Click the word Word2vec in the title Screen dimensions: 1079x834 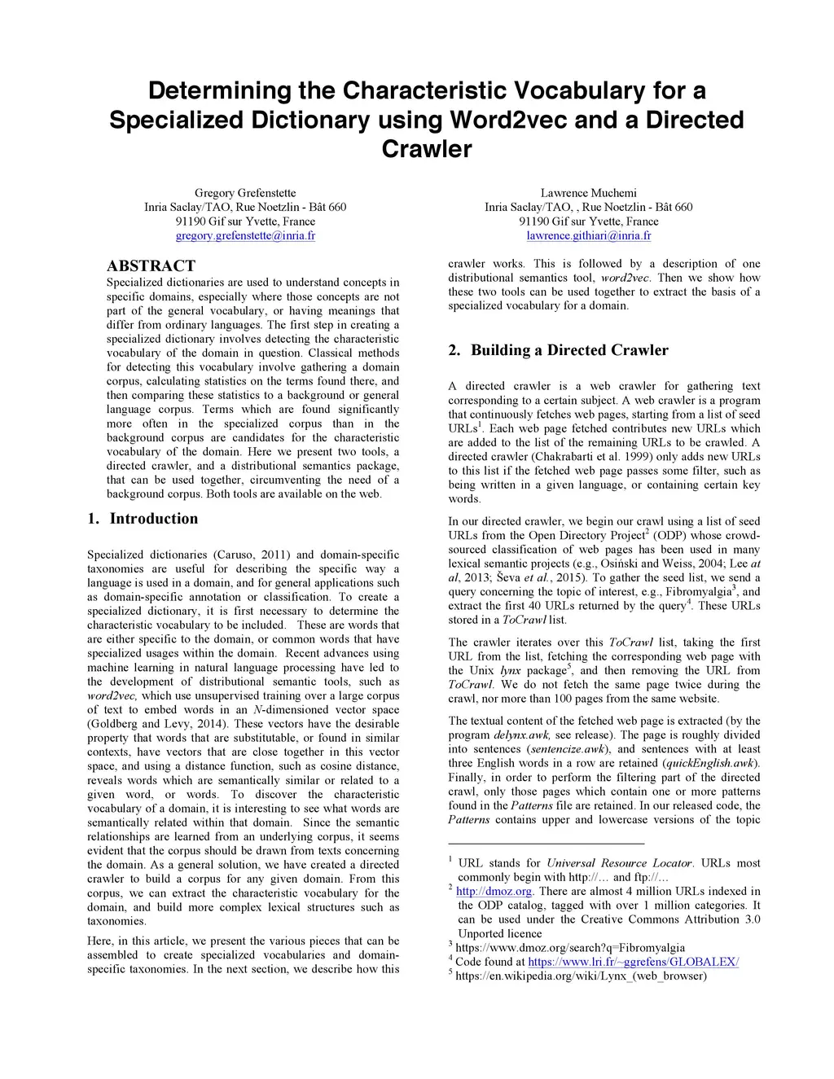coord(508,120)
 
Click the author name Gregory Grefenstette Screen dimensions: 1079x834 coord(245,193)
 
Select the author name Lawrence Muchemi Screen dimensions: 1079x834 coord(588,193)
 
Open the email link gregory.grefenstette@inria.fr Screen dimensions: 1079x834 coord(245,235)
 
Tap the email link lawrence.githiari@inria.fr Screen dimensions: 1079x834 coord(588,235)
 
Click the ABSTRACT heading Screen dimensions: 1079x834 coord(151,265)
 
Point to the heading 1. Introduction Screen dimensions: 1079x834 coord(143,519)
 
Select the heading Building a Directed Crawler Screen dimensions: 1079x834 coord(569,350)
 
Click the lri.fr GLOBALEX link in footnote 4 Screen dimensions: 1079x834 coord(633,962)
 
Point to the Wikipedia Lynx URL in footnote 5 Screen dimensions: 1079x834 coord(581,976)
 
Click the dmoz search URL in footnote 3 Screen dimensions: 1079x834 coord(570,948)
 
